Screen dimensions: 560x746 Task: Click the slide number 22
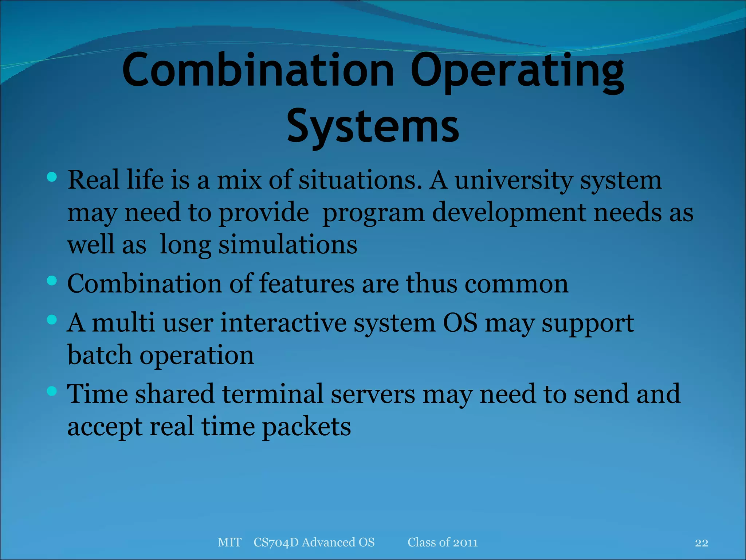pyautogui.click(x=701, y=543)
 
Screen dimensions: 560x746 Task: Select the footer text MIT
pyautogui.click(x=229, y=542)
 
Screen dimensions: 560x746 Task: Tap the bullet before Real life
pyautogui.click(x=52, y=178)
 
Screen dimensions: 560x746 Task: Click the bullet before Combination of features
pyautogui.click(x=52, y=281)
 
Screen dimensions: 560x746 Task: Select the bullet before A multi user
pyautogui.click(x=52, y=320)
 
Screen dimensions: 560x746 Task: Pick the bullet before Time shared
pyautogui.click(x=52, y=391)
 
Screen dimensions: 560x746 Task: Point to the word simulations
pyautogui.click(x=288, y=244)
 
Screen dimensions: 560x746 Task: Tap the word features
pyautogui.click(x=306, y=283)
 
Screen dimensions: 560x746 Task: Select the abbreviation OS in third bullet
pyautogui.click(x=460, y=323)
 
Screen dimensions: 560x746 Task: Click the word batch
pyautogui.click(x=99, y=355)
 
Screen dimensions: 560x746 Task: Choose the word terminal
pyautogui.click(x=273, y=394)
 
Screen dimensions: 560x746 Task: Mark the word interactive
pyautogui.click(x=283, y=323)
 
